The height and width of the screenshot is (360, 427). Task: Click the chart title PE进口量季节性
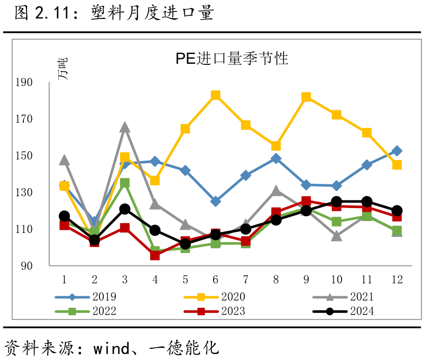coord(231,58)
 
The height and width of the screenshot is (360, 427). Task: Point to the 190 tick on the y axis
coord(42,82)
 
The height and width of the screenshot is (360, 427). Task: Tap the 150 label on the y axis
coord(42,156)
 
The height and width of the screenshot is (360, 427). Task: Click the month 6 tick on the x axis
coord(215,279)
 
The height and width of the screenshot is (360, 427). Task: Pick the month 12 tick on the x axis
coord(396,279)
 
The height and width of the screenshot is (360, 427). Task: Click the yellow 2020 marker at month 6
coord(215,96)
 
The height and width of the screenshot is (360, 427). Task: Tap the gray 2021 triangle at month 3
coord(125,127)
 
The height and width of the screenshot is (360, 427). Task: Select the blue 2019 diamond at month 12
coord(396,151)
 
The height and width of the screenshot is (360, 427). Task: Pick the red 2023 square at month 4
coord(155,255)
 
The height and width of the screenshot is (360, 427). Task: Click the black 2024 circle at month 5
coord(185,244)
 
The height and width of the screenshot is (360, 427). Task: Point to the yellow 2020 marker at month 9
coord(306,97)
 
